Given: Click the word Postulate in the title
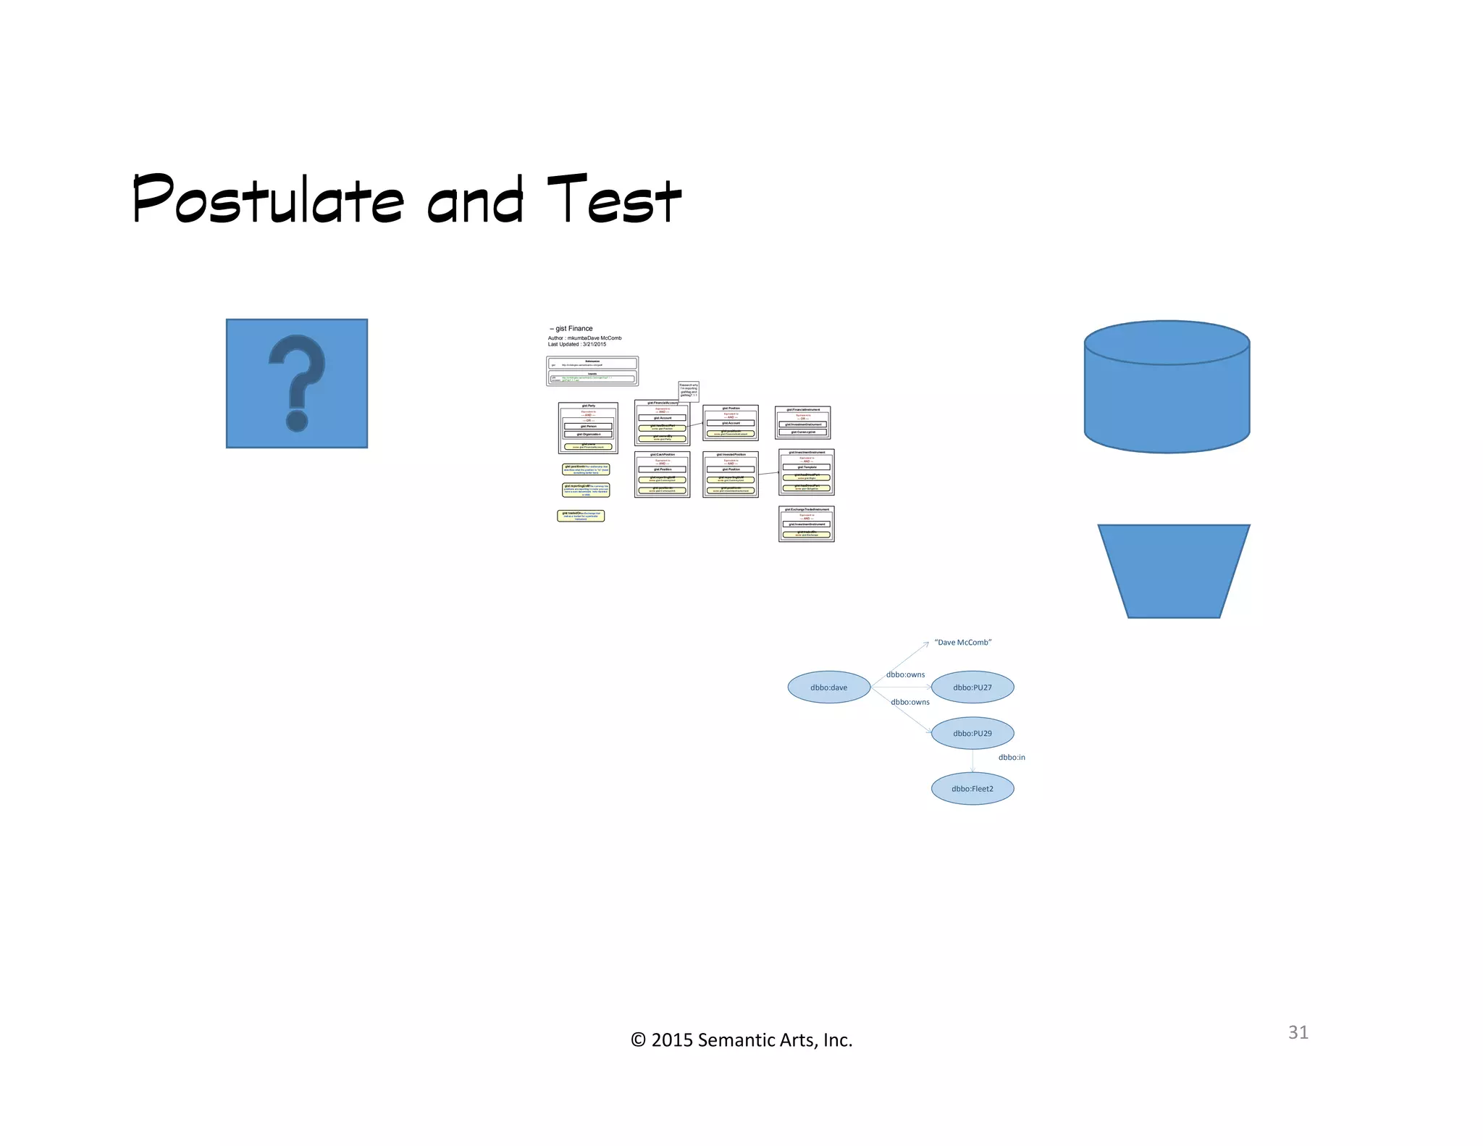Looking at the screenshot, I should coord(268,199).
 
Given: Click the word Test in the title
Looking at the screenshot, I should coord(613,199).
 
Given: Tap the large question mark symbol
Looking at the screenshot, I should coord(296,382).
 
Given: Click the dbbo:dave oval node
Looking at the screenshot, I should coord(828,687).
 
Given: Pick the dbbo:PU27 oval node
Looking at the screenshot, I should coord(972,687).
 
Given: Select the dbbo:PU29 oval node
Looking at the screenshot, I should coord(972,733).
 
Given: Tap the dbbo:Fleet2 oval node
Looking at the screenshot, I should coord(972,789).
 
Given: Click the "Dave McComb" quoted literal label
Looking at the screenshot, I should coord(962,643).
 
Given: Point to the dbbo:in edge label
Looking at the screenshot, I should coord(1012,758).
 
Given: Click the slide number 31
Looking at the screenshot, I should coord(1298,1032).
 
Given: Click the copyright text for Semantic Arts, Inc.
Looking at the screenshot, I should coord(741,1040).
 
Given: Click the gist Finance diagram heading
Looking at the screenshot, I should coord(574,329).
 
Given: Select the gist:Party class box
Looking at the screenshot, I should coord(588,427).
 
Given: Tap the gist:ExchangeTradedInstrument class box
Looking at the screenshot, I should coord(806,524).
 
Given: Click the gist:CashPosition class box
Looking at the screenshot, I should coord(662,474).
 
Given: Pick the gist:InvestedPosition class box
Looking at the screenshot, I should coord(730,474).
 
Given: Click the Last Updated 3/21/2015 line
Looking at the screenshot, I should coord(577,345).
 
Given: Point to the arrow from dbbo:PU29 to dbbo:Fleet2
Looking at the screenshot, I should coord(972,761).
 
